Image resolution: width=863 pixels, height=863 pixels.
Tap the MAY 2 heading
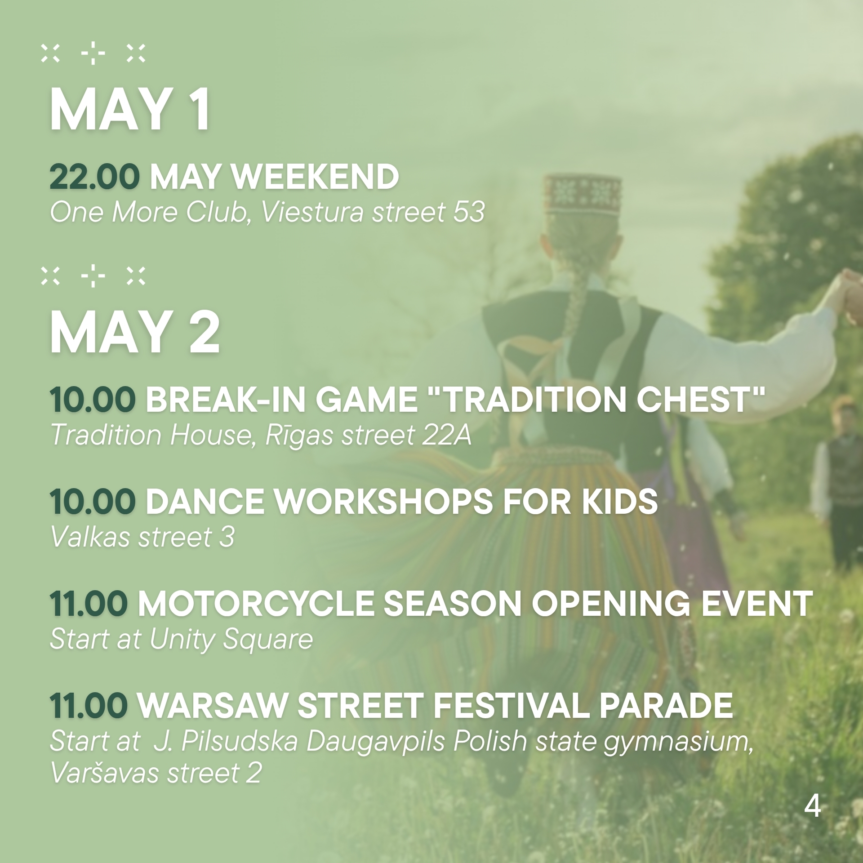tap(134, 333)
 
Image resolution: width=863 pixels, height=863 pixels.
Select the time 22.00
tap(94, 177)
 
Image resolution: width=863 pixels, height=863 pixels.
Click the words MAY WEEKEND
tap(274, 177)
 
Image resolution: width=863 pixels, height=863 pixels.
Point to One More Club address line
tap(267, 212)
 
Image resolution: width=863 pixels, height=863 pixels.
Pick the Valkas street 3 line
tap(142, 537)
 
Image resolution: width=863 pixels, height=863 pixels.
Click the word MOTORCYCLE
tap(255, 604)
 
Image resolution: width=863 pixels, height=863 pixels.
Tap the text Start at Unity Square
tap(181, 639)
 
